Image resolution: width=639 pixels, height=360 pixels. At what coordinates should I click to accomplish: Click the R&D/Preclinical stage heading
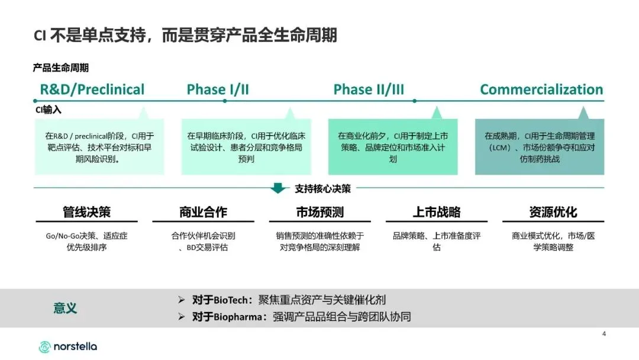pyautogui.click(x=92, y=90)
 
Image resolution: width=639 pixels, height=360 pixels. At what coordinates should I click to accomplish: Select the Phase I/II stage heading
pyautogui.click(x=218, y=90)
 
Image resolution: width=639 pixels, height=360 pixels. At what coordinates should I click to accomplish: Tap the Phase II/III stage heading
pyautogui.click(x=369, y=90)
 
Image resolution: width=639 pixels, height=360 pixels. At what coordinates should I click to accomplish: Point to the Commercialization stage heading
pyautogui.click(x=541, y=90)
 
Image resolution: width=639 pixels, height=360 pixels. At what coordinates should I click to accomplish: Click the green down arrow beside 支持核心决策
pyautogui.click(x=278, y=189)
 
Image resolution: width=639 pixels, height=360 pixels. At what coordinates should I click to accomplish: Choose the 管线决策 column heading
pyautogui.click(x=86, y=212)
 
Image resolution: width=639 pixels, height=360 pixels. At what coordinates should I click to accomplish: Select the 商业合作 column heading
pyautogui.click(x=203, y=212)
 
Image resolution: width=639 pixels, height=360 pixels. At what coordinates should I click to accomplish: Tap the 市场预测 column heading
pyautogui.click(x=319, y=212)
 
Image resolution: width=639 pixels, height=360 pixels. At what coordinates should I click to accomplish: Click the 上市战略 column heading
pyautogui.click(x=436, y=212)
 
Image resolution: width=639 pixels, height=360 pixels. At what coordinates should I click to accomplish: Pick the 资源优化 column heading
pyautogui.click(x=553, y=212)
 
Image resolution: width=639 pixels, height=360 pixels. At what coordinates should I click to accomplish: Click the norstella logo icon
pyautogui.click(x=44, y=347)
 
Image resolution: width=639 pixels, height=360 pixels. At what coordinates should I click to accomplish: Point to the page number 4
pyautogui.click(x=603, y=334)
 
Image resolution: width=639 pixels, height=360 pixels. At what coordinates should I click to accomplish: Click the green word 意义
pyautogui.click(x=65, y=308)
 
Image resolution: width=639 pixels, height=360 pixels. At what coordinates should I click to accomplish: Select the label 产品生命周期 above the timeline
pyautogui.click(x=61, y=68)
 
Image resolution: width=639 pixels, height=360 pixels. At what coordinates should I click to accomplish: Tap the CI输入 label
pyautogui.click(x=48, y=110)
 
